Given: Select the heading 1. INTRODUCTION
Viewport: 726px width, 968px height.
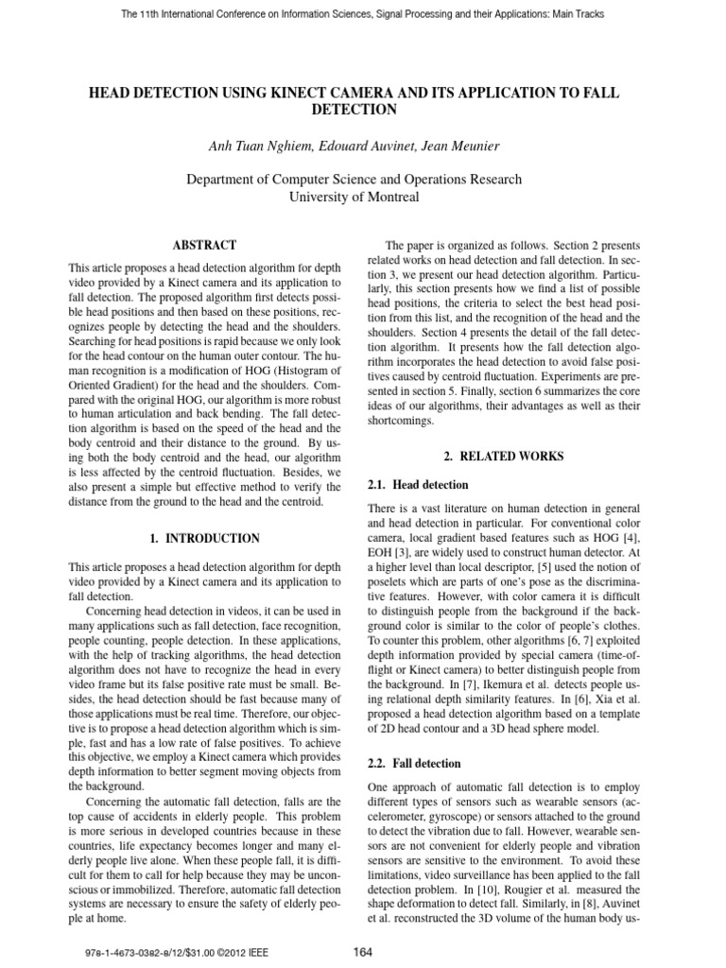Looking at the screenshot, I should click(204, 538).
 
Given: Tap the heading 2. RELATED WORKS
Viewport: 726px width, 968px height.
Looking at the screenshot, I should click(503, 457).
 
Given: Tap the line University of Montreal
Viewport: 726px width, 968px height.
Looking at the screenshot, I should click(364, 197).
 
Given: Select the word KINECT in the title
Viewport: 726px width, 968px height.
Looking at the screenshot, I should click(302, 94).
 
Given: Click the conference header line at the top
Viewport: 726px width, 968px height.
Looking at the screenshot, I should click(363, 14).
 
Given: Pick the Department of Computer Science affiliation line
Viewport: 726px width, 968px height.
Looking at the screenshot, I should click(364, 179).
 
